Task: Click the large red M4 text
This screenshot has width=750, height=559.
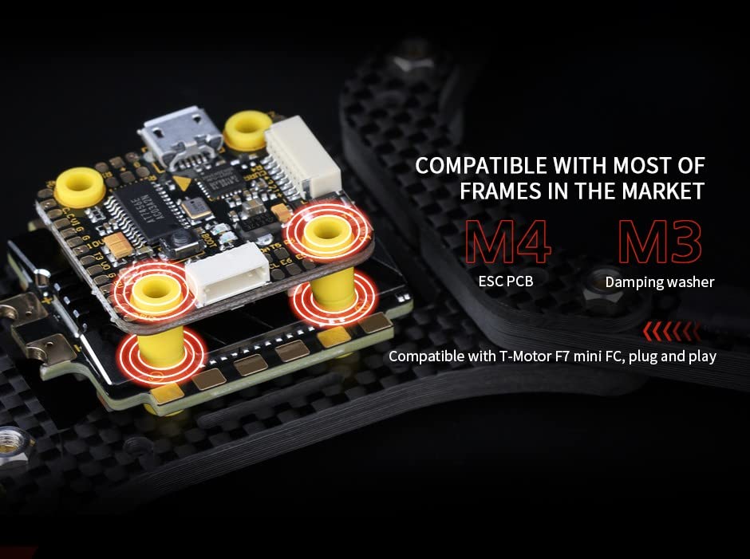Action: (x=507, y=242)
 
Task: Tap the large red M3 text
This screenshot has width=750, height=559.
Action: (x=660, y=242)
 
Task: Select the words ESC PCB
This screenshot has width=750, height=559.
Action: (x=507, y=281)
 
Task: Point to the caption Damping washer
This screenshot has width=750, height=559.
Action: (x=660, y=281)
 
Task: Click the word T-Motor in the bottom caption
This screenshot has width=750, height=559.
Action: (x=527, y=356)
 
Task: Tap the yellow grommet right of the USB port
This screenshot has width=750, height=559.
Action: (x=247, y=130)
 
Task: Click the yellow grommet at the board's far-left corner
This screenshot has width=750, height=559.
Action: (x=80, y=187)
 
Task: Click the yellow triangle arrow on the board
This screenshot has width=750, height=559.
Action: (x=184, y=183)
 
